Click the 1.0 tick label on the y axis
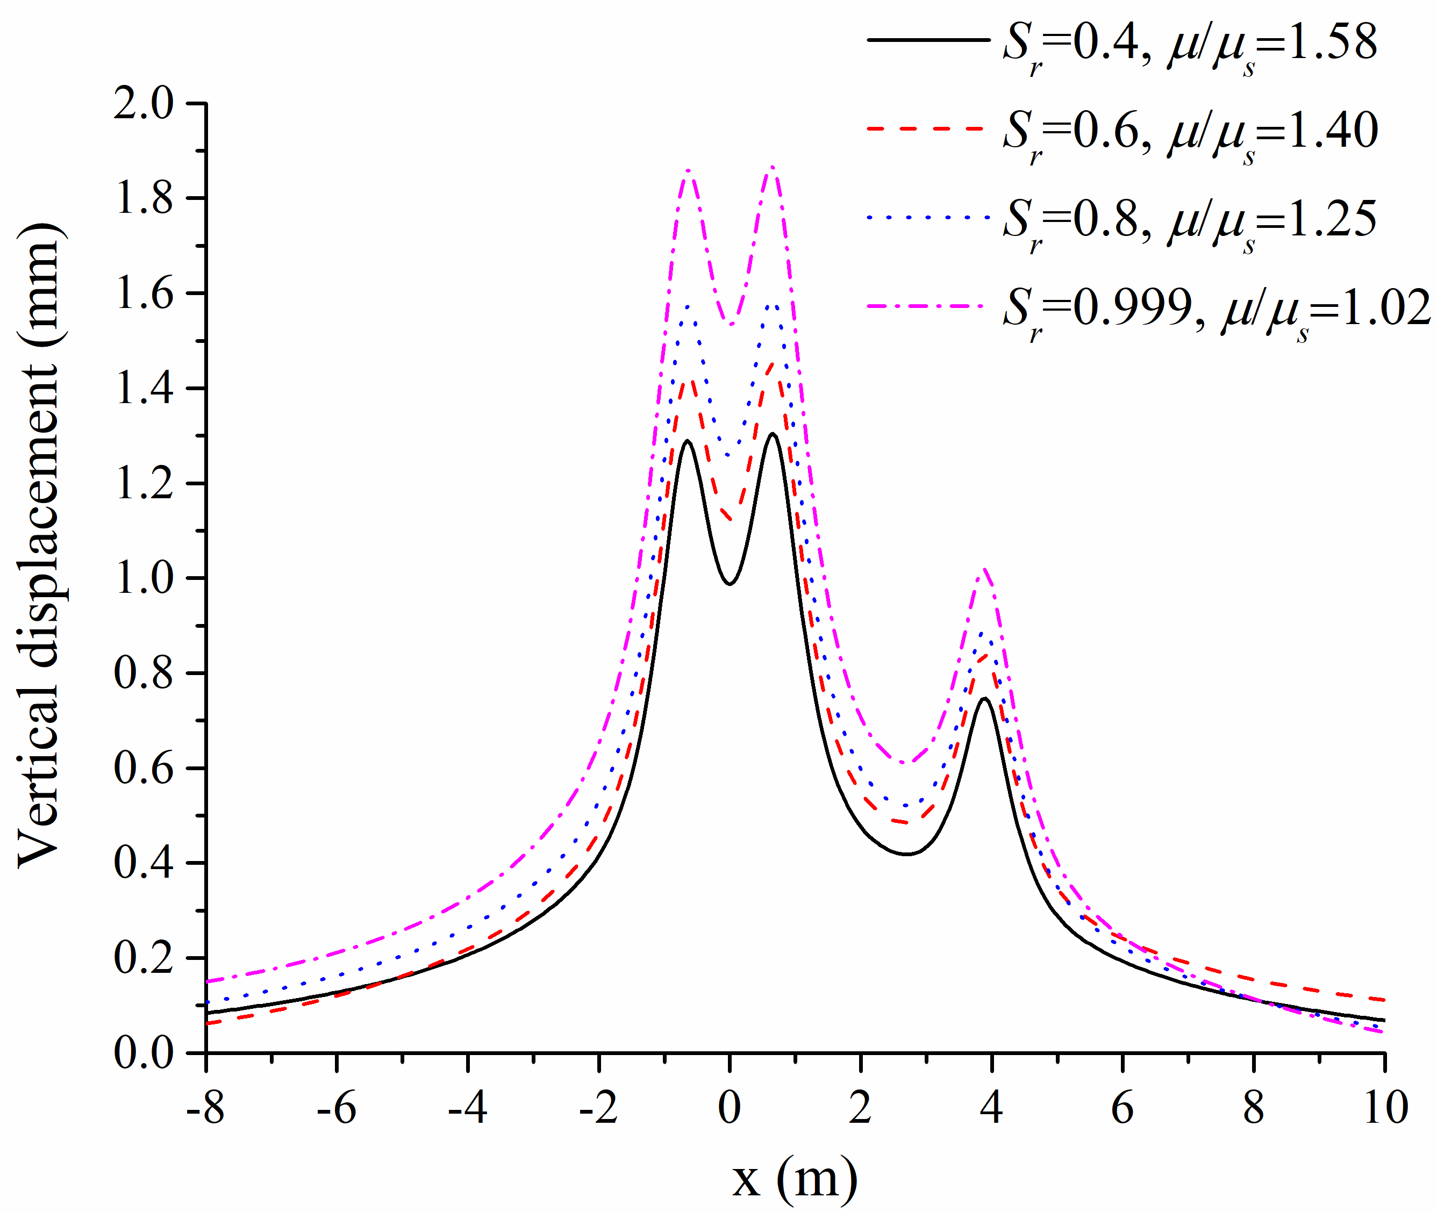144,578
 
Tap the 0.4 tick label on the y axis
144,863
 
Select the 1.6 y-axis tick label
144,294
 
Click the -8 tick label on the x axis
205,1108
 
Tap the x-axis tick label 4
991,1108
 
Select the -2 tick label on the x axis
598,1108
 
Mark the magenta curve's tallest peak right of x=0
773,167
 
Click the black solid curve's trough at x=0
730,583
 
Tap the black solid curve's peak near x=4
985,699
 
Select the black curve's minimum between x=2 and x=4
907,854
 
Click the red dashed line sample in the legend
926,128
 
